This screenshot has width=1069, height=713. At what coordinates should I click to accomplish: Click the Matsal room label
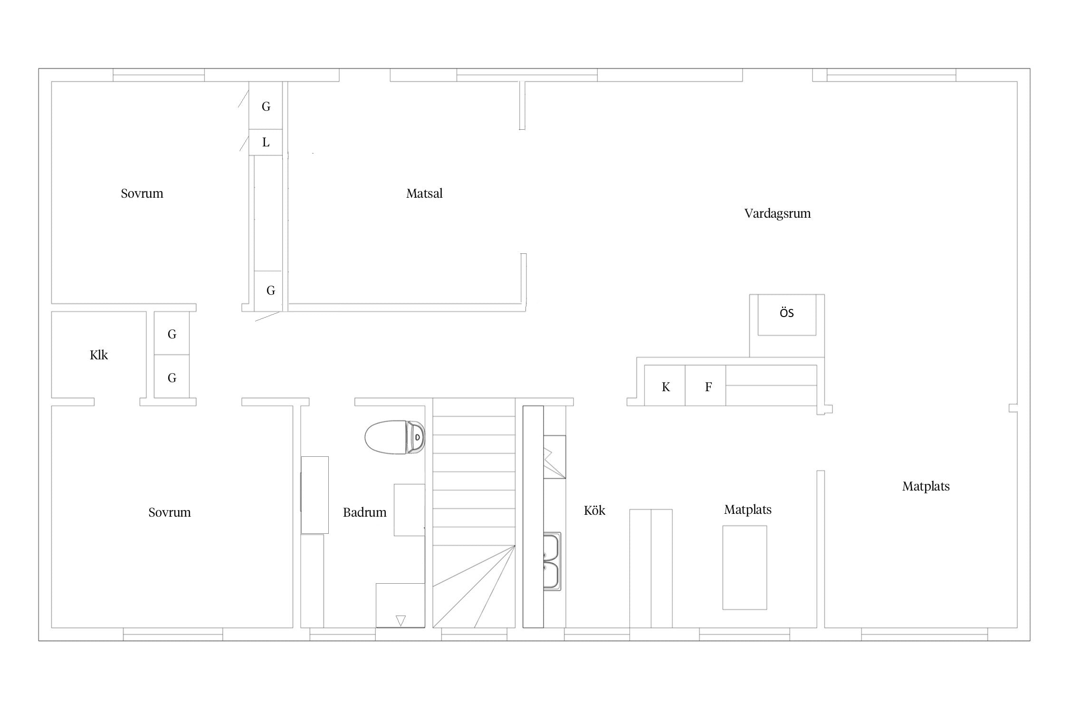(x=424, y=193)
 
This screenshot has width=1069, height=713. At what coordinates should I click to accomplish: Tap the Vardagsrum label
(x=777, y=213)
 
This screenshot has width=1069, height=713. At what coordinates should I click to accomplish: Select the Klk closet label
(x=99, y=355)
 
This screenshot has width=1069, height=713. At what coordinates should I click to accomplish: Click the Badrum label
(x=364, y=512)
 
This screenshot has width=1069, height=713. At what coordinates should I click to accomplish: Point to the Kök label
(x=594, y=511)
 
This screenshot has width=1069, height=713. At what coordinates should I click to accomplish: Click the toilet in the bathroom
(x=394, y=437)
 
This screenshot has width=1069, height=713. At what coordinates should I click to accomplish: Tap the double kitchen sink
(x=552, y=561)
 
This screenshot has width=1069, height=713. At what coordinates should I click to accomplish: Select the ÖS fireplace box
(x=787, y=315)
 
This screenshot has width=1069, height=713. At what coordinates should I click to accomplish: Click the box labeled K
(x=665, y=385)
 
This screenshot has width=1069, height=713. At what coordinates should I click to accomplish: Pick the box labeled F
(x=705, y=385)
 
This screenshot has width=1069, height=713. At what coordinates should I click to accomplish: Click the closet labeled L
(x=266, y=142)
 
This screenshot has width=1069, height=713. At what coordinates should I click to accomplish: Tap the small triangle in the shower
(x=401, y=621)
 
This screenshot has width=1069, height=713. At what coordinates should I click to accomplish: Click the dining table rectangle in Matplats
(x=744, y=567)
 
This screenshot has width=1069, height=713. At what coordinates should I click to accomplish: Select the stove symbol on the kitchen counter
(x=554, y=457)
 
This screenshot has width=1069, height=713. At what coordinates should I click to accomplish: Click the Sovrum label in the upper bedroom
(x=142, y=193)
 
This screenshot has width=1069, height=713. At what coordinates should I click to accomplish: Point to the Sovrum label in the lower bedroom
(x=169, y=512)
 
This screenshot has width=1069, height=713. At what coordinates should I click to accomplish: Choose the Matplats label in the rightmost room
(x=926, y=486)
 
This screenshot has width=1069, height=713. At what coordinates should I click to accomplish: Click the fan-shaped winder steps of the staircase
(x=474, y=587)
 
